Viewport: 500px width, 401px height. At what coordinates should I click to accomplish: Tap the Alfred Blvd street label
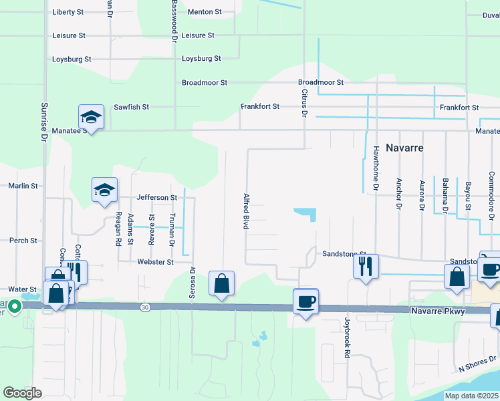pyautogui.click(x=246, y=212)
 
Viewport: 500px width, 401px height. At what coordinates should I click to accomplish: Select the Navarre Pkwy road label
pyautogui.click(x=445, y=311)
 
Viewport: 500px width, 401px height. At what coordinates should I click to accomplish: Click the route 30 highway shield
pyautogui.click(x=145, y=307)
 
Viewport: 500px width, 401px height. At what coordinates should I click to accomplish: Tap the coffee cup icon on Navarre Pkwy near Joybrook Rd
pyautogui.click(x=305, y=301)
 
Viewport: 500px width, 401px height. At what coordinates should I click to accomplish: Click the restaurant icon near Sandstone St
pyautogui.click(x=366, y=267)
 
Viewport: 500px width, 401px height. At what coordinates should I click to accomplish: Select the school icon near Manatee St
pyautogui.click(x=91, y=118)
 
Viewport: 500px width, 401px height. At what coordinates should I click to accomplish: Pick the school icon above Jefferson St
pyautogui.click(x=104, y=190)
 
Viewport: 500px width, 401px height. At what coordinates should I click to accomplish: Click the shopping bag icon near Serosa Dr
pyautogui.click(x=221, y=283)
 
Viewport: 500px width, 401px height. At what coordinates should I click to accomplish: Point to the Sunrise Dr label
pyautogui.click(x=45, y=120)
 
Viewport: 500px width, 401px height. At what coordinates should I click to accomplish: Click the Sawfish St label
pyautogui.click(x=131, y=107)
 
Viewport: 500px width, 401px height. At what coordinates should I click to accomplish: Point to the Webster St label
pyautogui.click(x=156, y=262)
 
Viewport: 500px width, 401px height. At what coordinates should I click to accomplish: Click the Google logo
pyautogui.click(x=23, y=392)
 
